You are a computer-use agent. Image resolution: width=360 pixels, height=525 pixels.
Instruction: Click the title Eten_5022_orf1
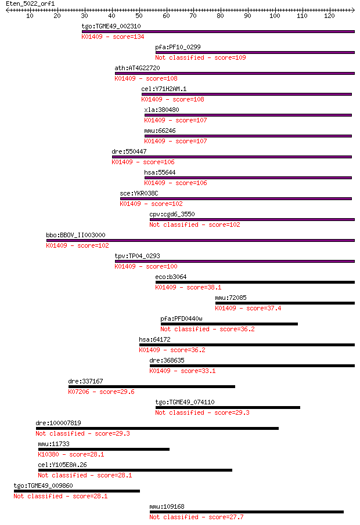click(30, 3)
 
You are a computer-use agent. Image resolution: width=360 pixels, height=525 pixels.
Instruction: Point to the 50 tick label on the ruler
click(139, 16)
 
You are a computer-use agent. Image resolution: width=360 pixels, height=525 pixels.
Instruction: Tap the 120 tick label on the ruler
click(329, 16)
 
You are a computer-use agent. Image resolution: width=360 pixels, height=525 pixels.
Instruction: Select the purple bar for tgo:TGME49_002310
click(218, 31)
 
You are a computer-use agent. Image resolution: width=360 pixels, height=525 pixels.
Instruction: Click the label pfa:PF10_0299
click(178, 47)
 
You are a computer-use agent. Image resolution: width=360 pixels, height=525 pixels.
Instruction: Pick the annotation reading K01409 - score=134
click(113, 37)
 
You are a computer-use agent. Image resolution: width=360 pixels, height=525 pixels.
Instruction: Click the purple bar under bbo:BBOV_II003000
click(200, 240)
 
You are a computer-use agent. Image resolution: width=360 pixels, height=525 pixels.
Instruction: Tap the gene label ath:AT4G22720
click(138, 68)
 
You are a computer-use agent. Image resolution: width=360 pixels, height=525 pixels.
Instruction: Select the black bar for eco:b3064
click(255, 283)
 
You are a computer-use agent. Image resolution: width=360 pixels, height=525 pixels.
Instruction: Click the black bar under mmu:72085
click(285, 303)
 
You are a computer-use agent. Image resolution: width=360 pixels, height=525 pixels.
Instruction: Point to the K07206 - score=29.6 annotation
click(101, 392)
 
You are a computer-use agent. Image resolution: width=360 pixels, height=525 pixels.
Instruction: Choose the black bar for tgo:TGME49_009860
click(77, 491)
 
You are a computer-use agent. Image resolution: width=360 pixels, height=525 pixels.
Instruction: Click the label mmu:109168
click(167, 506)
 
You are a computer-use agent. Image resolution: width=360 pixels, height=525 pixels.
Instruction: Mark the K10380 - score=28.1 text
click(71, 454)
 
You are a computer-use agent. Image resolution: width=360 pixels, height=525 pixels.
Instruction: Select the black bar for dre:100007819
click(157, 429)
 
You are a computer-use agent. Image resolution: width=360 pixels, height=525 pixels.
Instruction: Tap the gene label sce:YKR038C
click(139, 194)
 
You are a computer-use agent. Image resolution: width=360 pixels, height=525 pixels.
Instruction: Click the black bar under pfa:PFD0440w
click(229, 324)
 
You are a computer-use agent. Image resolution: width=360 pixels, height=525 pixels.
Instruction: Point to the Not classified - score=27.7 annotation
click(196, 517)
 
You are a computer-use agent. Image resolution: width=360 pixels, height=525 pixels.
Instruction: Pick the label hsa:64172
click(155, 339)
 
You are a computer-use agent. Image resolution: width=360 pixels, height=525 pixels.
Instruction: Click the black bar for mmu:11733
click(104, 450)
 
